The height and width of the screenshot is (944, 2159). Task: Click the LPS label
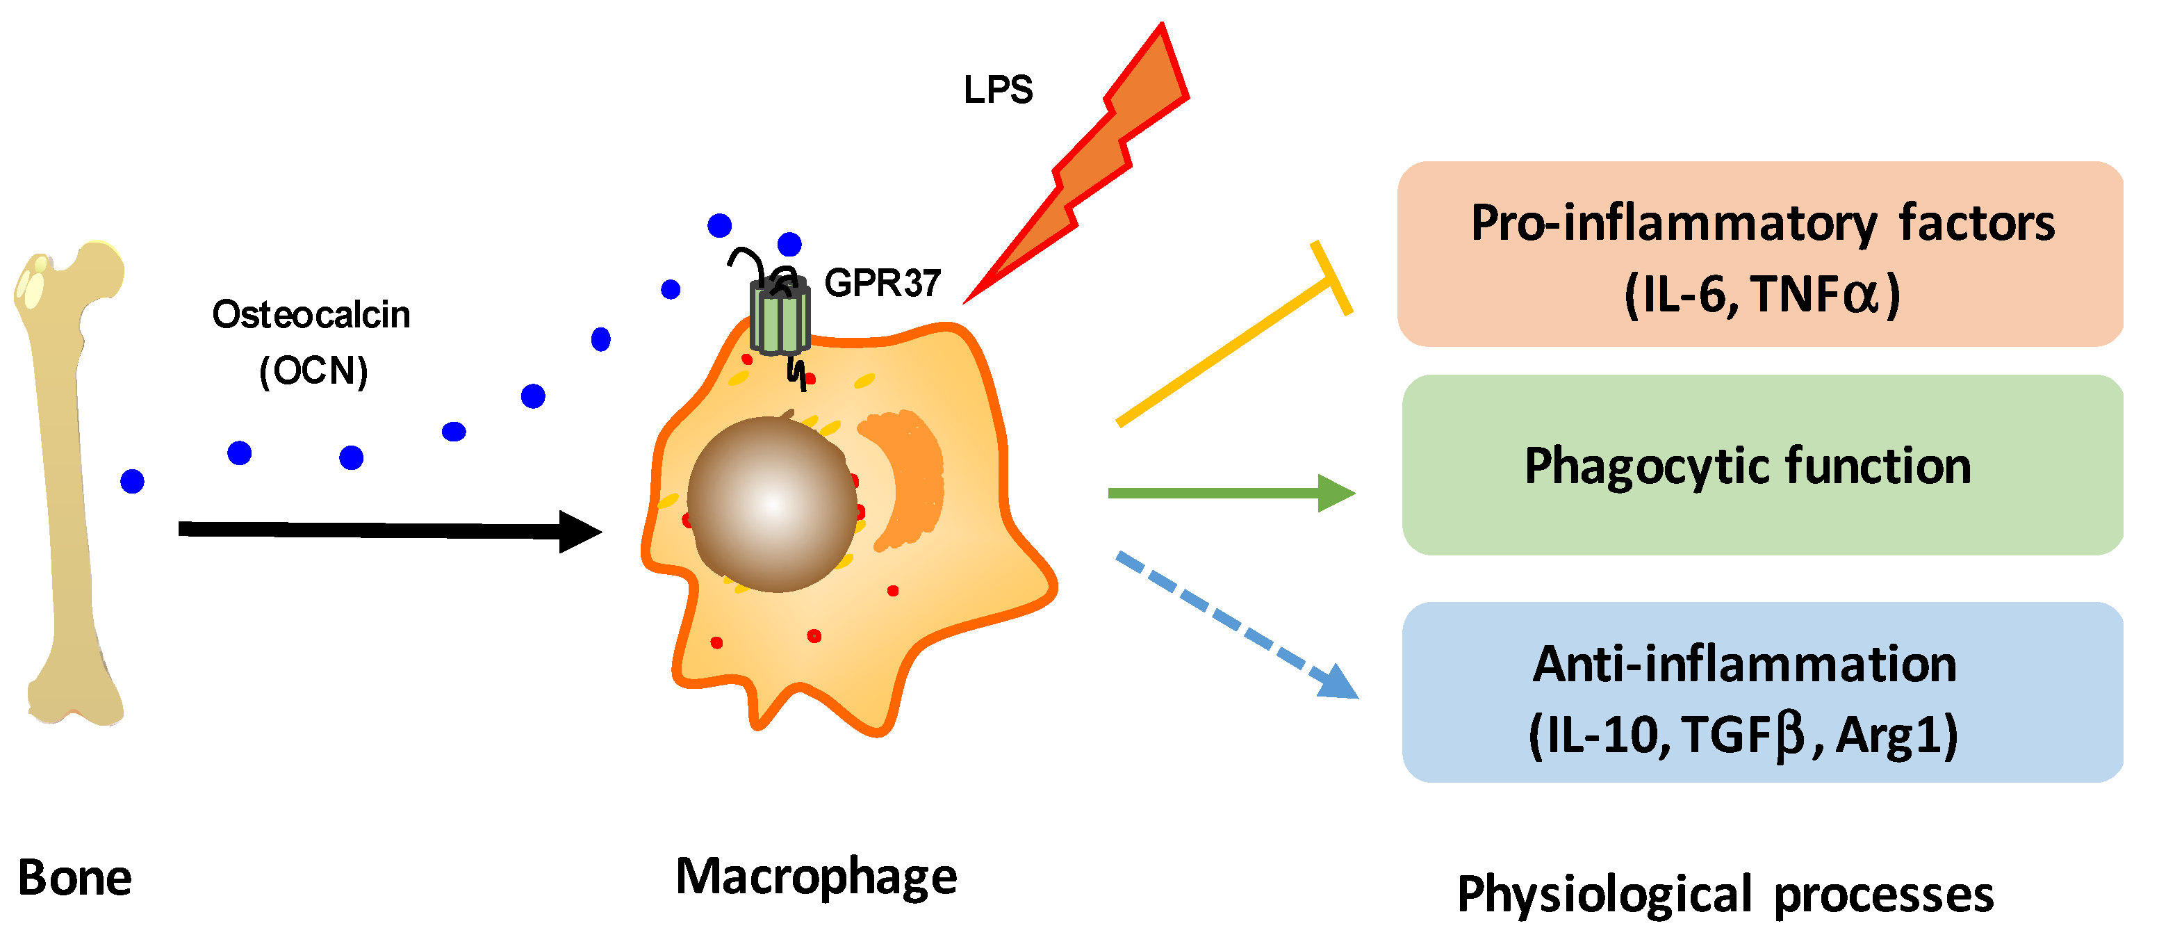pos(997,90)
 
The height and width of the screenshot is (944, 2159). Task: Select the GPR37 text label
pos(883,284)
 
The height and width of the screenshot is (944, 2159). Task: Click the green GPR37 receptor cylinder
pos(780,318)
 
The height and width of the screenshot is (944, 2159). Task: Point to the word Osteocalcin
pos(311,315)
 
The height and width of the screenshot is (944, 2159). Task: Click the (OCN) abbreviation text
pos(313,371)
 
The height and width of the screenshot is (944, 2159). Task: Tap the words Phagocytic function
pos(1748,466)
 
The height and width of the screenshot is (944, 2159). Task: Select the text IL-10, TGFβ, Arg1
pos(1743,735)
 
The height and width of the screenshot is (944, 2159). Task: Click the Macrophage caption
pos(816,877)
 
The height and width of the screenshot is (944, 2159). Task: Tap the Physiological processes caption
pos(1725,895)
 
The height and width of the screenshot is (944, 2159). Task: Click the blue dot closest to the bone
pos(133,481)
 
